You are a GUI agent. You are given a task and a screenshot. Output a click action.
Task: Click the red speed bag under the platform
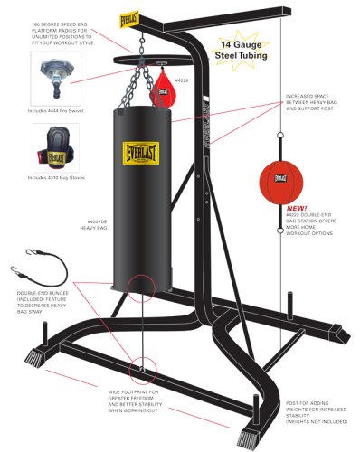click(165, 89)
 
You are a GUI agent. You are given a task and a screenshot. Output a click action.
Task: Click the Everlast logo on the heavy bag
click(138, 148)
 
